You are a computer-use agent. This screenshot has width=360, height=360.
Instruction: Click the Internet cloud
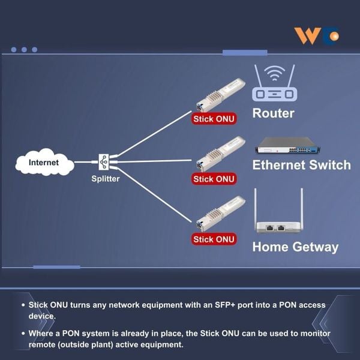[44, 162]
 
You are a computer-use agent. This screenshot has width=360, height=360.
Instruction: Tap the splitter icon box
[104, 161]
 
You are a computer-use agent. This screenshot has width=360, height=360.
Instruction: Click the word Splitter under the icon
[106, 178]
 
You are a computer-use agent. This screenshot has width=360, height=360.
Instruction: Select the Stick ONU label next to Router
[214, 119]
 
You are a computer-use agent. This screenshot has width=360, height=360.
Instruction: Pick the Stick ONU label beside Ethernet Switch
[214, 179]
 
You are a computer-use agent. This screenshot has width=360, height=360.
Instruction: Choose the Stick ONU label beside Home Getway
[214, 239]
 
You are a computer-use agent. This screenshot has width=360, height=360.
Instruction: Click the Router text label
[273, 113]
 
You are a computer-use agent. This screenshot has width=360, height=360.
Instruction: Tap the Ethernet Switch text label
[301, 165]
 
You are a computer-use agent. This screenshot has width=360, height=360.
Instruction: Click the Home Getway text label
[295, 247]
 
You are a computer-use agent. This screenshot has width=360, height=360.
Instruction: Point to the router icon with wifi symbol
[274, 83]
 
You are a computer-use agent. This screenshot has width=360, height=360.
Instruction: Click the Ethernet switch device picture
[286, 146]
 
